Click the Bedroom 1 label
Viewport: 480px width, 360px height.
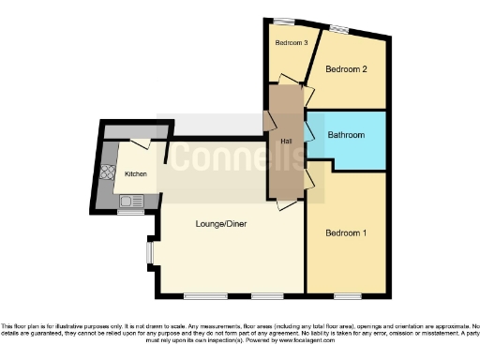pyautogui.click(x=346, y=233)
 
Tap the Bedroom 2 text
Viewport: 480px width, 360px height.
pyautogui.click(x=346, y=69)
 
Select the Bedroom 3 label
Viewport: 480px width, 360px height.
pyautogui.click(x=292, y=43)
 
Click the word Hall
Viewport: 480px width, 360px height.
pyautogui.click(x=287, y=141)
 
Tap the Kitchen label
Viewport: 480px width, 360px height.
pyautogui.click(x=136, y=174)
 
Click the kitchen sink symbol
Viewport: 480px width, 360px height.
pyautogui.click(x=128, y=200)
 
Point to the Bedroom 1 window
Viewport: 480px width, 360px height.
pyautogui.click(x=347, y=296)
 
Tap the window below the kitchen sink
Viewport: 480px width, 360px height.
pyautogui.click(x=130, y=212)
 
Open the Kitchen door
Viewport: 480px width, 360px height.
pyautogui.click(x=141, y=142)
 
